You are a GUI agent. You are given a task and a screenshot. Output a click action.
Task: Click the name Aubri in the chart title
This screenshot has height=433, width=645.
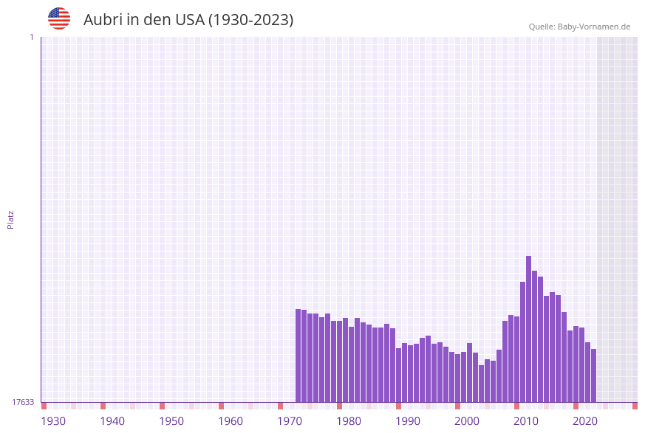103,20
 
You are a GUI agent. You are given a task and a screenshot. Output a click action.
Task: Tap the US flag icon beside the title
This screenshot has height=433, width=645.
59,18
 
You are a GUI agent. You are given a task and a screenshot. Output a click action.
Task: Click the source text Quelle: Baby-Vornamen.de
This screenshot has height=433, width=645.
579,27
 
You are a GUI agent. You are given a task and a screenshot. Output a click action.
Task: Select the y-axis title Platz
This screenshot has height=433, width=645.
11,219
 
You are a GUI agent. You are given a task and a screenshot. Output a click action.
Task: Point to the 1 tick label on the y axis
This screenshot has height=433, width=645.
31,37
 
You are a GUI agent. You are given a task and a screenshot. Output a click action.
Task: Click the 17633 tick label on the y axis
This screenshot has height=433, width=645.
23,402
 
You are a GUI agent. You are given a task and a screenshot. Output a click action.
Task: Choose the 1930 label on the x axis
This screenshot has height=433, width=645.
53,421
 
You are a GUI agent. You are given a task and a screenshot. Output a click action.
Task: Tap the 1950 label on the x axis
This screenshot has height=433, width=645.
171,421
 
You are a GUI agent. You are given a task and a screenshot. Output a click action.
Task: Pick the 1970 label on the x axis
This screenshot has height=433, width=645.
290,421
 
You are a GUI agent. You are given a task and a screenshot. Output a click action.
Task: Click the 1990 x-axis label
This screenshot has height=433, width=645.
408,421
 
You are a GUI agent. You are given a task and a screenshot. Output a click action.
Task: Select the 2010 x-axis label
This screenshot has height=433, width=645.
526,421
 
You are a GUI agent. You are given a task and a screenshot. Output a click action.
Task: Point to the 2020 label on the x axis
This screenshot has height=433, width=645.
585,421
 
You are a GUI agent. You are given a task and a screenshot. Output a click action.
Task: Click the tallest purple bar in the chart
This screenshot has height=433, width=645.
529,328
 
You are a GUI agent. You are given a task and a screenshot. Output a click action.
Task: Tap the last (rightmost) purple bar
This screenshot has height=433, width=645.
593,375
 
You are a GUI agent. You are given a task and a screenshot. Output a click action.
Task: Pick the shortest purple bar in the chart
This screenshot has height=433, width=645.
482,384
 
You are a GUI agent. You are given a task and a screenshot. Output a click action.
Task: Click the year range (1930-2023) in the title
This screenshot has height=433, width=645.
251,20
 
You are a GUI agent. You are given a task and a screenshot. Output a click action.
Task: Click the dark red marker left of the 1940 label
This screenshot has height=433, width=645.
103,406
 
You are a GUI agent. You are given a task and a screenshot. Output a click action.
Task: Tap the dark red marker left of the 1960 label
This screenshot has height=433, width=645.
222,406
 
